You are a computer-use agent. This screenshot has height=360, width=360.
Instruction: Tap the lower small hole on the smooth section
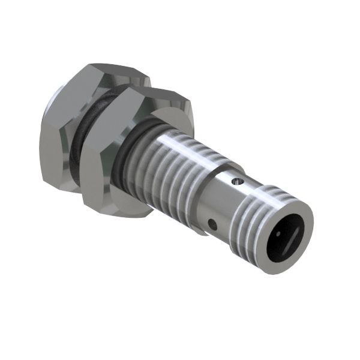pos(213,225)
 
